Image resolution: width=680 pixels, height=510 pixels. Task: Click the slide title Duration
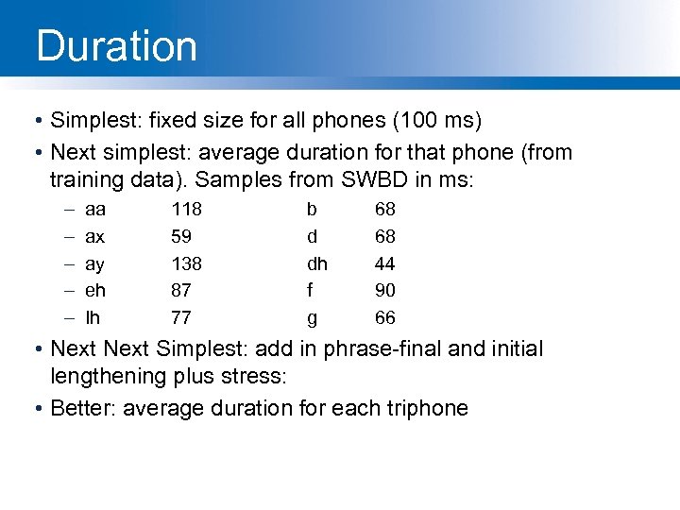116,46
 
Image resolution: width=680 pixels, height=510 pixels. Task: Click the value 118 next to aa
186,209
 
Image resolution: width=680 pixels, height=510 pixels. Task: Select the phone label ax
94,236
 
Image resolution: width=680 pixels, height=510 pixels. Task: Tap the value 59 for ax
180,236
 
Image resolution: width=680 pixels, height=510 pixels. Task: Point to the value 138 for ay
186,263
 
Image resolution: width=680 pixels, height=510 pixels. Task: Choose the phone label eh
95,290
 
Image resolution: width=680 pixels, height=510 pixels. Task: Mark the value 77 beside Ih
180,317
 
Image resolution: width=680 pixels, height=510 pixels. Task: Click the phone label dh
317,263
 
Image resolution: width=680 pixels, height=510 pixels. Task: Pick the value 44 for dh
384,263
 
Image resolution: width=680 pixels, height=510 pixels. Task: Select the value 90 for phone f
384,290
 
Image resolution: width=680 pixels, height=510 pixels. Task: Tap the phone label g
313,317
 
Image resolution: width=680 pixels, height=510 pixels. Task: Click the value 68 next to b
384,209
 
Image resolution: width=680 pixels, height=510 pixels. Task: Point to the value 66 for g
384,317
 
